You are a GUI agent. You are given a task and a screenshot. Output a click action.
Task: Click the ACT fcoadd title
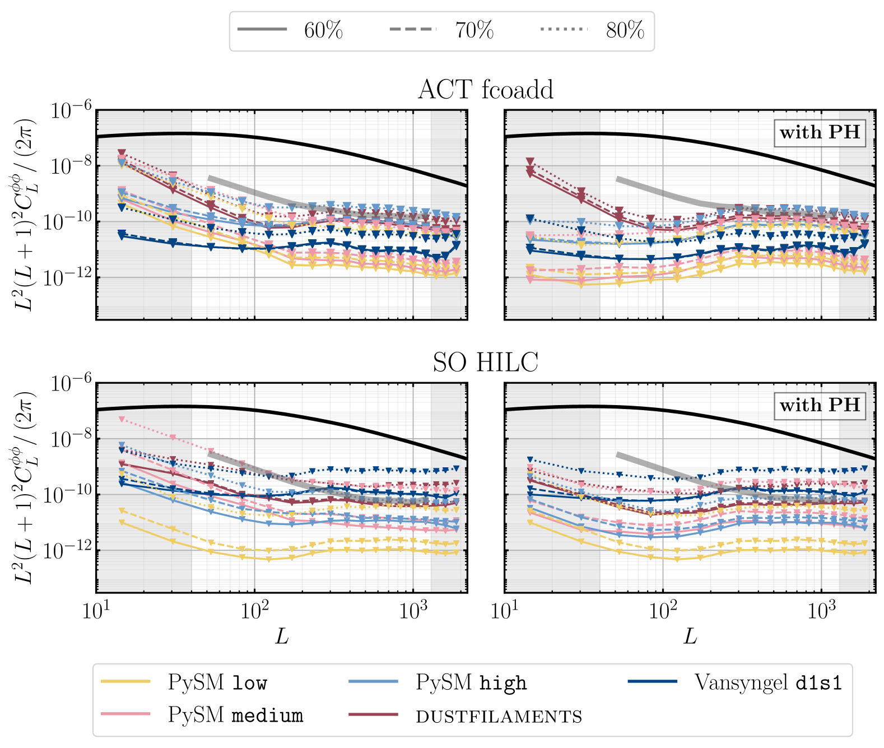pyautogui.click(x=485, y=90)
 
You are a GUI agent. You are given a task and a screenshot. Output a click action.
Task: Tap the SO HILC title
pyautogui.click(x=485, y=363)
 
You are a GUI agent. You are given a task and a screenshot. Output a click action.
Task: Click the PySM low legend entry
pyautogui.click(x=185, y=682)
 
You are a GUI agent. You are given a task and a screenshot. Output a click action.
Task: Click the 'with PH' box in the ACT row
pyautogui.click(x=820, y=133)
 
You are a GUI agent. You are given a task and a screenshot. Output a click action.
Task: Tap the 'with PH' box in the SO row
pyautogui.click(x=820, y=405)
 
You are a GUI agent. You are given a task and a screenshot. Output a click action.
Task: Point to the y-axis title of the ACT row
pyautogui.click(x=25, y=215)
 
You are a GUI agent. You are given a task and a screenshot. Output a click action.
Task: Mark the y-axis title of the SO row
pyautogui.click(x=25, y=487)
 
